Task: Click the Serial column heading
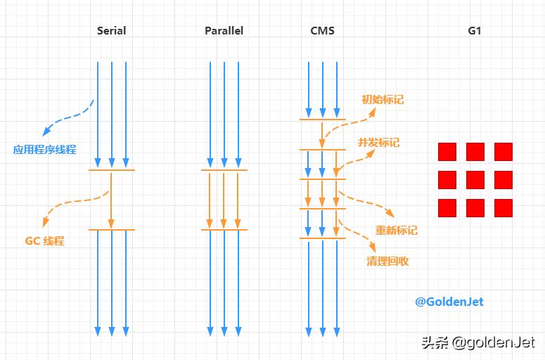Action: coord(111,31)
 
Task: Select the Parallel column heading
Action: coord(224,31)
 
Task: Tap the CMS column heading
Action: coord(322,31)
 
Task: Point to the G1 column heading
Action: coord(475,31)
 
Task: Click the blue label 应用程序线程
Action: coord(44,150)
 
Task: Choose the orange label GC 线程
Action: coord(44,240)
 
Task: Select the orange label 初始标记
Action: coord(383,100)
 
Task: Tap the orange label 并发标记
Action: coord(378,142)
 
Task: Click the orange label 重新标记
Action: coord(396,230)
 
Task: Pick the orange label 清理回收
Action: coord(387,261)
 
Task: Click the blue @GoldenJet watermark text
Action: coord(449,302)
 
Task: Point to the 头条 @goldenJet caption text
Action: coord(477,342)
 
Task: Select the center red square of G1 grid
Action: coord(475,180)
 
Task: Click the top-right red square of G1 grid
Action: coord(504,152)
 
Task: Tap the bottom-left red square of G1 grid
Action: coord(447,208)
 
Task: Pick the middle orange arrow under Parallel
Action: coord(224,200)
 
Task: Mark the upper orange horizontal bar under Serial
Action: coord(111,170)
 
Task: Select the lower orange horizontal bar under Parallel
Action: coord(224,230)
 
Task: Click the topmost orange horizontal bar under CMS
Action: coord(322,120)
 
